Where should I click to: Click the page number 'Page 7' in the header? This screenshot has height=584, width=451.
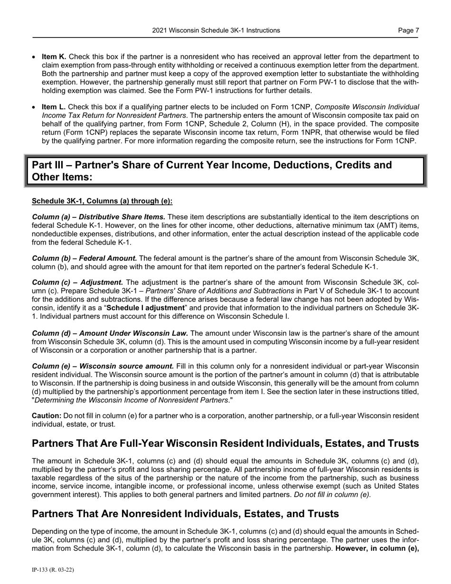tap(408, 30)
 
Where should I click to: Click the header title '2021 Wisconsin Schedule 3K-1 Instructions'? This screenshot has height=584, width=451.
tap(216, 30)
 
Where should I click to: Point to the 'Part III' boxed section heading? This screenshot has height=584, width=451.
tap(212, 171)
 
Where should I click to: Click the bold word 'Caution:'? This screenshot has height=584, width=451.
tap(47, 415)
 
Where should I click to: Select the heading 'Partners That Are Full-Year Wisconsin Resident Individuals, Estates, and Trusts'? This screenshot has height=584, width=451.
tap(225, 443)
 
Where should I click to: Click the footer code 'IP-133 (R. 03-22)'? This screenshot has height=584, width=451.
tap(53, 569)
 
